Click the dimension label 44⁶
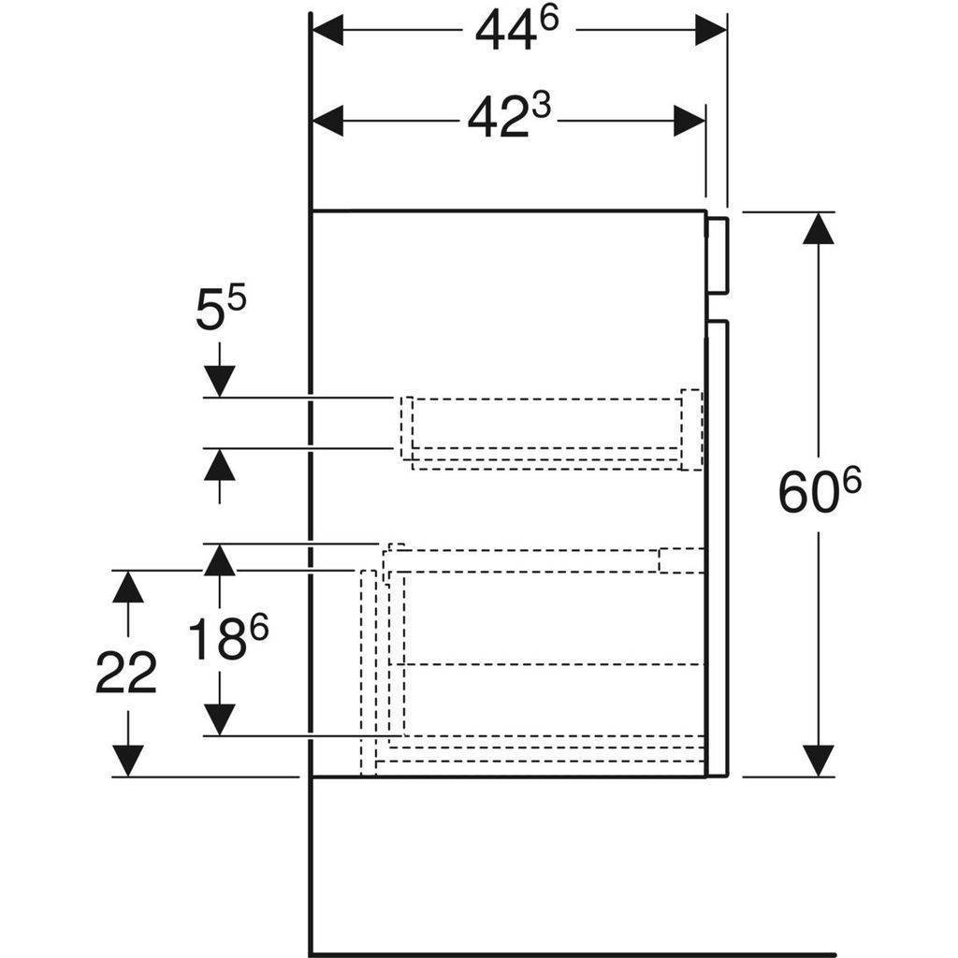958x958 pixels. (516, 31)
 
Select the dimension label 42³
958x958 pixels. (509, 117)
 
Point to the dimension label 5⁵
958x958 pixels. (221, 309)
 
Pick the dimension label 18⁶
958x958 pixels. (228, 637)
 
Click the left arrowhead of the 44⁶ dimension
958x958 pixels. (327, 30)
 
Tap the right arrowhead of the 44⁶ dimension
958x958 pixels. (711, 30)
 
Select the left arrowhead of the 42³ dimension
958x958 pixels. (327, 121)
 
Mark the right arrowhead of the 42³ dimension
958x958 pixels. (689, 121)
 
